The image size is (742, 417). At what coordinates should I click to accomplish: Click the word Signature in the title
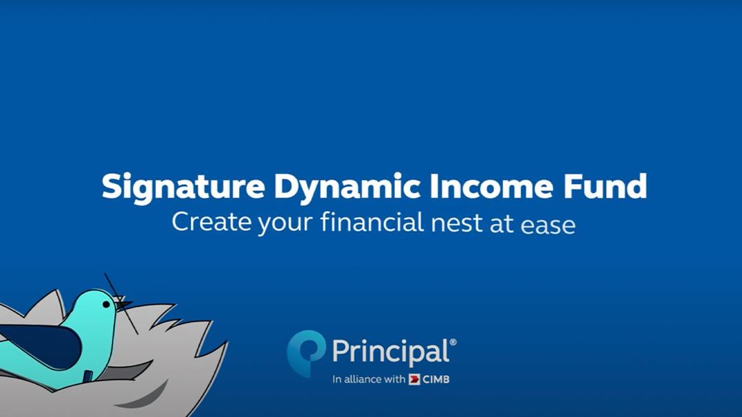(x=183, y=188)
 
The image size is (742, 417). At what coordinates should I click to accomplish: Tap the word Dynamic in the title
(x=348, y=188)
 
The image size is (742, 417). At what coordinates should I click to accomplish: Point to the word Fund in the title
(x=605, y=185)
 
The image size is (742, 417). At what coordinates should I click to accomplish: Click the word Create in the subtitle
(x=211, y=221)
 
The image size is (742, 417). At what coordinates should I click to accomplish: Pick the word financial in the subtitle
(x=372, y=221)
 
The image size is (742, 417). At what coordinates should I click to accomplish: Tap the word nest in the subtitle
(x=456, y=223)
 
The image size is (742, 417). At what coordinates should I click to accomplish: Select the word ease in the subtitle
(x=548, y=225)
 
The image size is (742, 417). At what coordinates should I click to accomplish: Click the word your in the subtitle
(x=285, y=224)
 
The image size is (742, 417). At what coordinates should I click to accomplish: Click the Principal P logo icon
(x=306, y=352)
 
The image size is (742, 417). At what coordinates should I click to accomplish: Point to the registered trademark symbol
(x=453, y=341)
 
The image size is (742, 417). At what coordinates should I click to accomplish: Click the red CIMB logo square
(x=414, y=379)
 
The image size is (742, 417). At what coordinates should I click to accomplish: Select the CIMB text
(x=436, y=379)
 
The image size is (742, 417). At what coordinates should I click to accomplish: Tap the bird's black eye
(x=107, y=304)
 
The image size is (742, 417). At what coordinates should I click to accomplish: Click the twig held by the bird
(x=121, y=303)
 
